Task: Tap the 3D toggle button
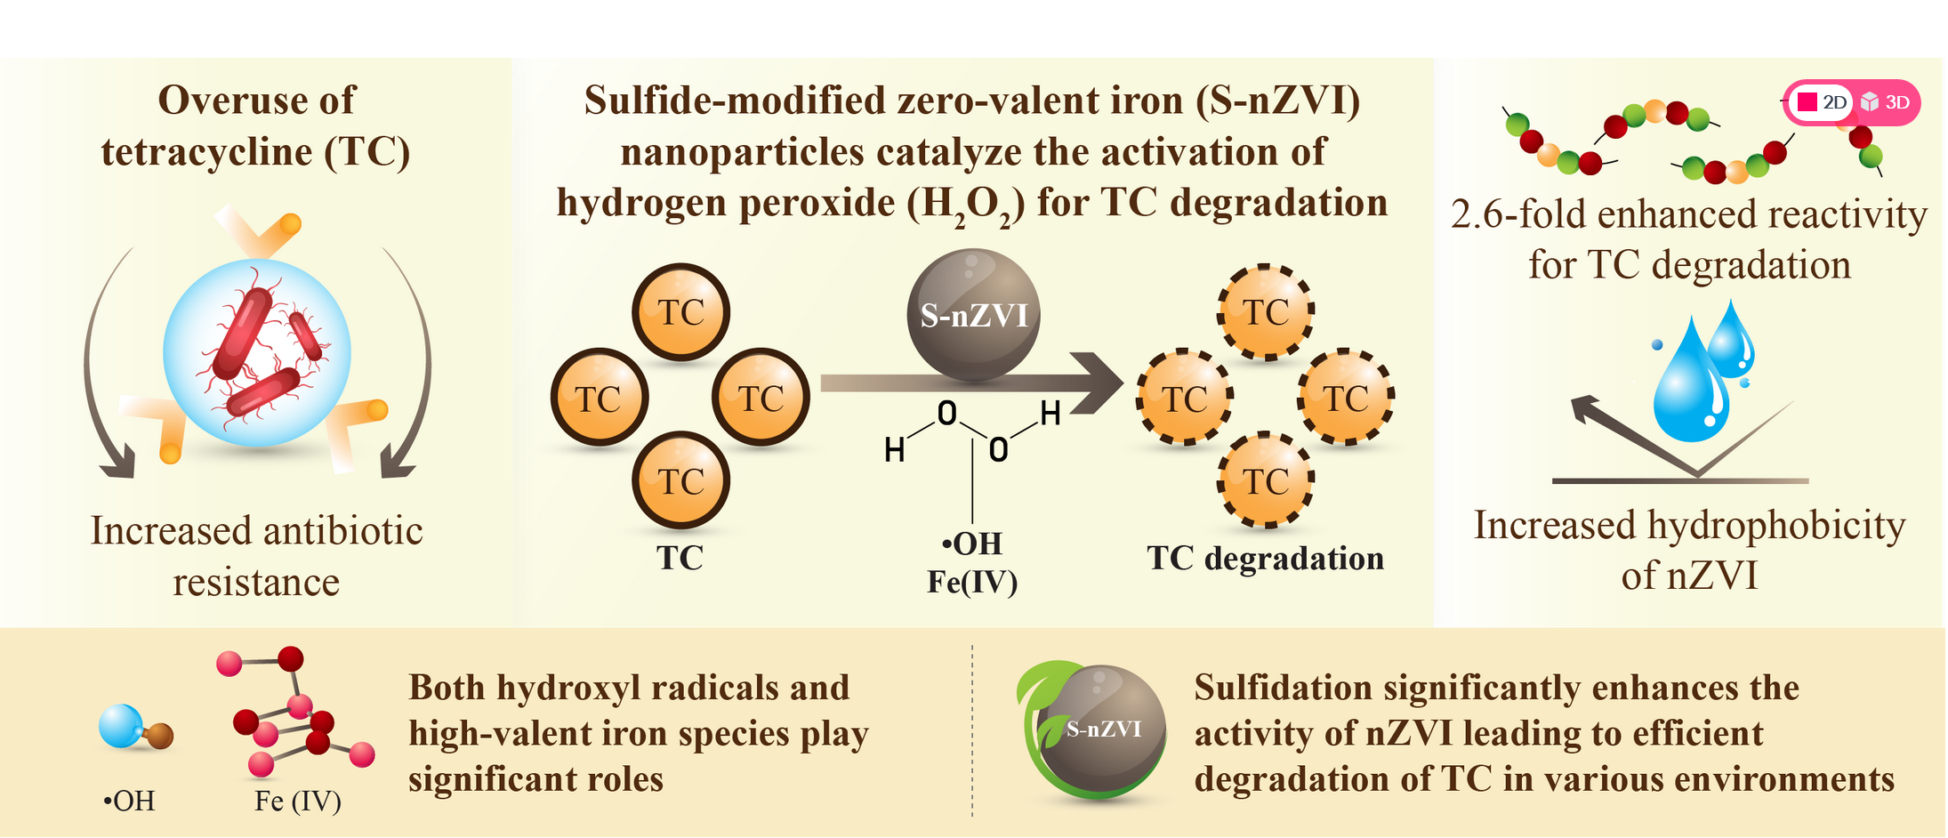(1886, 102)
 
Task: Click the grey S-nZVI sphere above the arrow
(973, 315)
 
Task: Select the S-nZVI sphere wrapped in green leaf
(1101, 730)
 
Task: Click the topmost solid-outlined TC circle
(681, 312)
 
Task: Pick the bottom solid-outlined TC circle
(681, 481)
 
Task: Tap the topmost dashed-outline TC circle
(1266, 312)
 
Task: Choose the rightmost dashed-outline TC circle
(1346, 398)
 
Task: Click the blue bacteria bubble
(257, 353)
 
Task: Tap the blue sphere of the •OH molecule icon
(121, 726)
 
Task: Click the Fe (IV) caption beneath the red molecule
(298, 802)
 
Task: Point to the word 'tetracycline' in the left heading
(206, 151)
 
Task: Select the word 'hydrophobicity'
(1776, 525)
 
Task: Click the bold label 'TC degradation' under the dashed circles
(1265, 559)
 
